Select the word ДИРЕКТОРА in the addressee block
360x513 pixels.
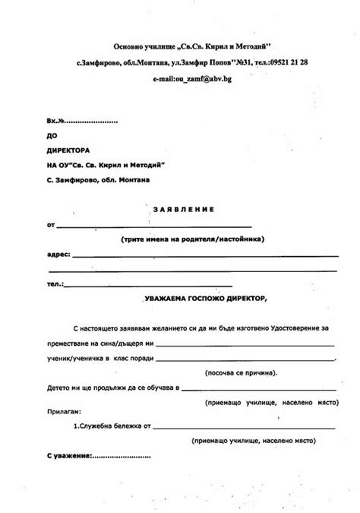pyautogui.click(x=68, y=150)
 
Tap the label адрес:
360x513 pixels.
pyautogui.click(x=58, y=254)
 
